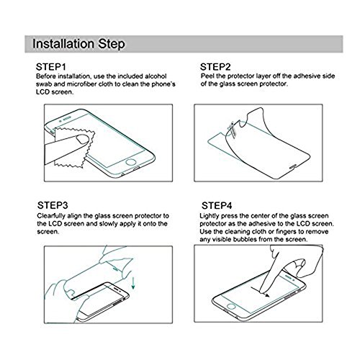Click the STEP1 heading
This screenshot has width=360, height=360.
pyautogui.click(x=51, y=67)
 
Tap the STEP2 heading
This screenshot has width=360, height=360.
pyautogui.click(x=215, y=67)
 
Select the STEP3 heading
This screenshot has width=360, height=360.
pyautogui.click(x=53, y=205)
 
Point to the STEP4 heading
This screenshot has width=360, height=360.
pyautogui.click(x=217, y=206)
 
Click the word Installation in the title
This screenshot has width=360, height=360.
pyautogui.click(x=63, y=44)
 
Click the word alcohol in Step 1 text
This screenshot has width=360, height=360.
pyautogui.click(x=156, y=76)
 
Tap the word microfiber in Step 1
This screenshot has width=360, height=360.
pyautogui.click(x=81, y=84)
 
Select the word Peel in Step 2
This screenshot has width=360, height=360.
pyautogui.click(x=207, y=76)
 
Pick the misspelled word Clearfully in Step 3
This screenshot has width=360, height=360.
pyautogui.click(x=51, y=216)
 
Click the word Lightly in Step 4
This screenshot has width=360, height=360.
pyautogui.click(x=210, y=216)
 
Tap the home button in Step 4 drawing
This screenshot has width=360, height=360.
pyautogui.click(x=232, y=306)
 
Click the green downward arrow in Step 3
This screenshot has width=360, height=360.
pyautogui.click(x=133, y=284)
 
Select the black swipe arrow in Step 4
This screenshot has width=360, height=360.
pyautogui.click(x=260, y=291)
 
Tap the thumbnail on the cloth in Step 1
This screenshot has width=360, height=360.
pyautogui.click(x=82, y=139)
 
